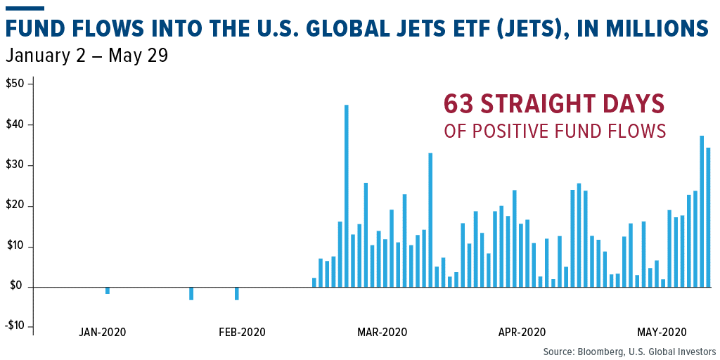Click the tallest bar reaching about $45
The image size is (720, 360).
[347, 196]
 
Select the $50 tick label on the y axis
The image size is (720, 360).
[15, 84]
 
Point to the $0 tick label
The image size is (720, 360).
[18, 287]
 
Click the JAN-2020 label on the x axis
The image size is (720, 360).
[103, 332]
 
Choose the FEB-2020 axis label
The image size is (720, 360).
[242, 332]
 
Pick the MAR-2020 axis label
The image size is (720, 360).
[382, 332]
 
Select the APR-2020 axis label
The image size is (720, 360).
[522, 332]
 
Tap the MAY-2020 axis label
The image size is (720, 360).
[662, 332]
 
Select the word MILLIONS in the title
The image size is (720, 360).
[657, 28]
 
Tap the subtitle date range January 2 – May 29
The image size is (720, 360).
[86, 56]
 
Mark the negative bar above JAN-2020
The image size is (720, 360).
[108, 290]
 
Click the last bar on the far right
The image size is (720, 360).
[708, 217]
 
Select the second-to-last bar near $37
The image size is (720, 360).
[702, 212]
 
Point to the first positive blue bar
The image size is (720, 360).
[314, 283]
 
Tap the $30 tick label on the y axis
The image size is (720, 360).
[15, 165]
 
